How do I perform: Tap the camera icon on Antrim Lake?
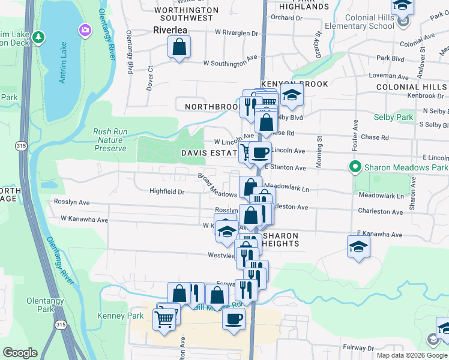(85, 29)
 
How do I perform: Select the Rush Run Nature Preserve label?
(110, 140)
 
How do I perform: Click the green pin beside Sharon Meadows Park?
(355, 166)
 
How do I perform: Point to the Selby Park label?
(393, 117)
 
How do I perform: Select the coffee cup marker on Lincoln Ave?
(259, 154)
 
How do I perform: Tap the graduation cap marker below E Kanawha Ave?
(358, 247)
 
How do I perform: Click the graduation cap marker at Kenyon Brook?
(292, 95)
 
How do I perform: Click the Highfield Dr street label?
(167, 191)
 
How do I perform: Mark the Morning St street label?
(319, 146)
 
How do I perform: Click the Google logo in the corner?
(20, 353)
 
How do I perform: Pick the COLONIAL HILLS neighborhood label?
(412, 87)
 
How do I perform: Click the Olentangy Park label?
(41, 304)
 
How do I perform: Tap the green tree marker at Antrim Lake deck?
(39, 38)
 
